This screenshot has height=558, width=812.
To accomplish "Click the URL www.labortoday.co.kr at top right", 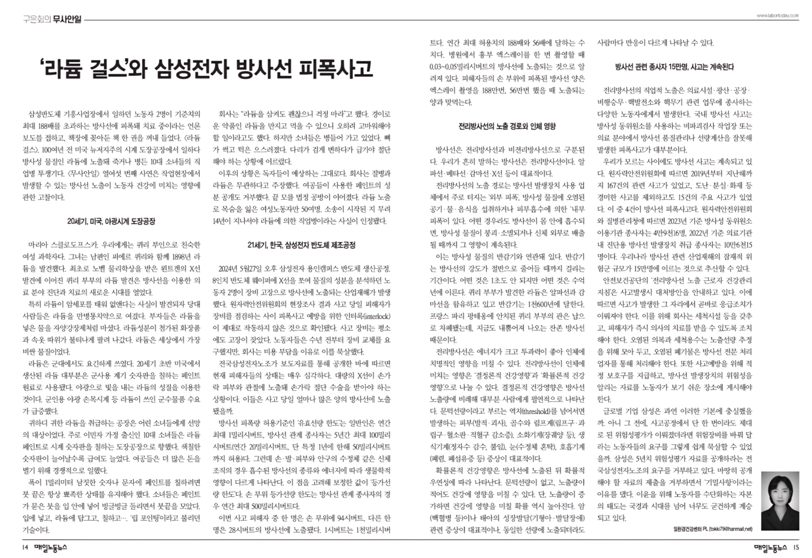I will (777, 16).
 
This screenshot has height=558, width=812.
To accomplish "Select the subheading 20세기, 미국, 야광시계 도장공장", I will (111, 221).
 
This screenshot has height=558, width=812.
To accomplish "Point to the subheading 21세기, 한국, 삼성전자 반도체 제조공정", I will (301, 245).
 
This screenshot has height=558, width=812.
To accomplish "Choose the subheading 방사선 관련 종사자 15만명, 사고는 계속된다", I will (674, 67).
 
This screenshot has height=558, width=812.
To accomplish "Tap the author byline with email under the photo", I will (712, 529).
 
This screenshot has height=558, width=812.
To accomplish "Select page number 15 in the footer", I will (796, 547).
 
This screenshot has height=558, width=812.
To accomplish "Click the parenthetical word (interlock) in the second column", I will (372, 315).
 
